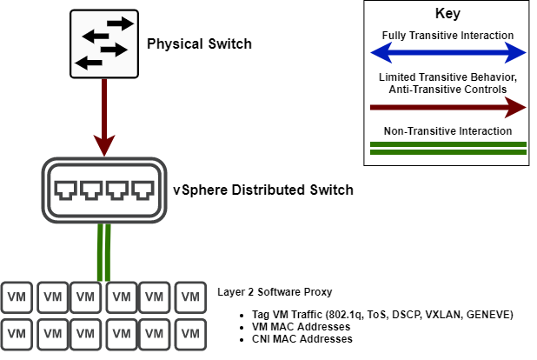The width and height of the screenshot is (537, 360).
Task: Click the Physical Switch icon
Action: [x=104, y=43]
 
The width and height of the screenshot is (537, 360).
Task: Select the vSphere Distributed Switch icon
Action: [x=104, y=189]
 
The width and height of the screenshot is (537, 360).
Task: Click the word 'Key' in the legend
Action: [x=447, y=15]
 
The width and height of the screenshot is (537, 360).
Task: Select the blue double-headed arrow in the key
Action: [x=447, y=53]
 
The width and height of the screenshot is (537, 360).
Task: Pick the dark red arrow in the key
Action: [x=447, y=108]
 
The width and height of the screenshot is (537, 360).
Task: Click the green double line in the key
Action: [x=447, y=147]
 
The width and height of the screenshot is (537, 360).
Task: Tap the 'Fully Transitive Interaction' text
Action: [x=447, y=36]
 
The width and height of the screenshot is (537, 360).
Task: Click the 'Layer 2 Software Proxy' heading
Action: [x=275, y=292]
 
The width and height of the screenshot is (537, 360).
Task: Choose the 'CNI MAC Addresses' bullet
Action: [x=295, y=338]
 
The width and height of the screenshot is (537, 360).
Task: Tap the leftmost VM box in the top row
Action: [x=17, y=297]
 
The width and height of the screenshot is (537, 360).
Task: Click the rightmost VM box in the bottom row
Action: [x=190, y=331]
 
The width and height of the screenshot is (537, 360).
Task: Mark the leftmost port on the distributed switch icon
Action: [x=65, y=189]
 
